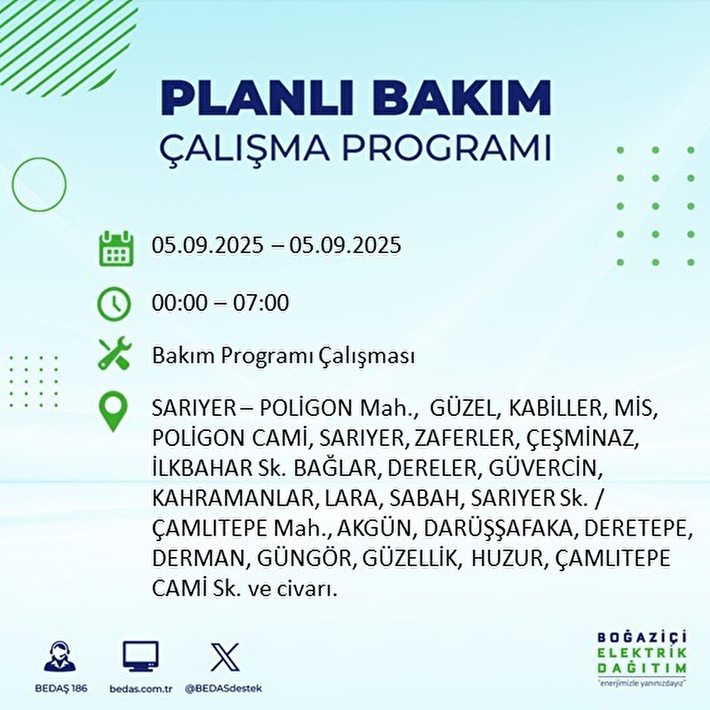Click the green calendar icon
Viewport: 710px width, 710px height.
pyautogui.click(x=115, y=248)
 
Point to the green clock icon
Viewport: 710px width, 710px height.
pyautogui.click(x=114, y=304)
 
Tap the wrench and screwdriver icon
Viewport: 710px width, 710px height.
pyautogui.click(x=114, y=354)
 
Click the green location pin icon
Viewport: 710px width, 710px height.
pyautogui.click(x=113, y=412)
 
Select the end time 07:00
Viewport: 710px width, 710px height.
pyautogui.click(x=260, y=303)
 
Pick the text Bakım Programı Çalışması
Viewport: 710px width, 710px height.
pyautogui.click(x=283, y=356)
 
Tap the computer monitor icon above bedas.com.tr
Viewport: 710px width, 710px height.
pyautogui.click(x=140, y=656)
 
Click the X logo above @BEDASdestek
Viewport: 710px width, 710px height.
pyautogui.click(x=225, y=657)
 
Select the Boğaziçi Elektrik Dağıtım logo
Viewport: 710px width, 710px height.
pyautogui.click(x=641, y=659)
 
